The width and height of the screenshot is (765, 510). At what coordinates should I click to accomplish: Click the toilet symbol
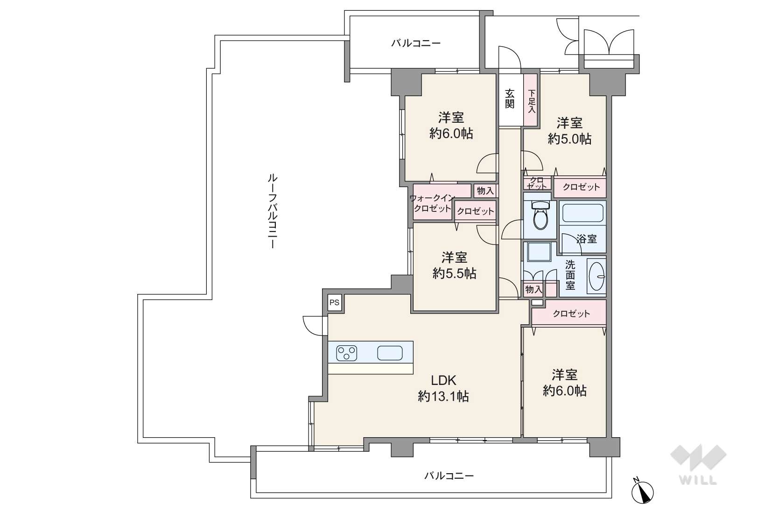(x=540, y=215)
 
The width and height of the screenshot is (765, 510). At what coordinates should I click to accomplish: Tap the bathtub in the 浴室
(x=583, y=213)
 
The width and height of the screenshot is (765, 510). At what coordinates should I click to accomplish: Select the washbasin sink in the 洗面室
(x=597, y=276)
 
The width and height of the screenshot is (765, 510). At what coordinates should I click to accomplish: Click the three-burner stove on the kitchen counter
(x=347, y=353)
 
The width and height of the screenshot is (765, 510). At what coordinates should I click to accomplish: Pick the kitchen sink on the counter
(x=390, y=353)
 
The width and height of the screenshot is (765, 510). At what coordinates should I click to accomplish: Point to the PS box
(x=335, y=302)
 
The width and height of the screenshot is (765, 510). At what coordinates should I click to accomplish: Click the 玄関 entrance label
(x=510, y=98)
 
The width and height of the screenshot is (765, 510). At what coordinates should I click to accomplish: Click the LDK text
(x=443, y=380)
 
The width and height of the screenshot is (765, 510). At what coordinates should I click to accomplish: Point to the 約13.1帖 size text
(x=443, y=396)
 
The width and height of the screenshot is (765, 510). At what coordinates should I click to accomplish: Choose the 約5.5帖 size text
(x=454, y=273)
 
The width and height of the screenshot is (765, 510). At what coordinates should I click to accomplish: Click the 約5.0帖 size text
(x=569, y=139)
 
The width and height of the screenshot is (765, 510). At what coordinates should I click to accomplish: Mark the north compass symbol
(x=642, y=492)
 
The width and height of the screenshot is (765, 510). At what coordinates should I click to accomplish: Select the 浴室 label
(x=587, y=239)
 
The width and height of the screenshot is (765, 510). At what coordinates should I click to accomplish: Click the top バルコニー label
(x=415, y=43)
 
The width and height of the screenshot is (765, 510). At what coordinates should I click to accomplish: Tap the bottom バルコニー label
(x=449, y=475)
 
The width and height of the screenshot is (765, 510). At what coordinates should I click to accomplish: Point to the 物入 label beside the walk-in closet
(x=485, y=191)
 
